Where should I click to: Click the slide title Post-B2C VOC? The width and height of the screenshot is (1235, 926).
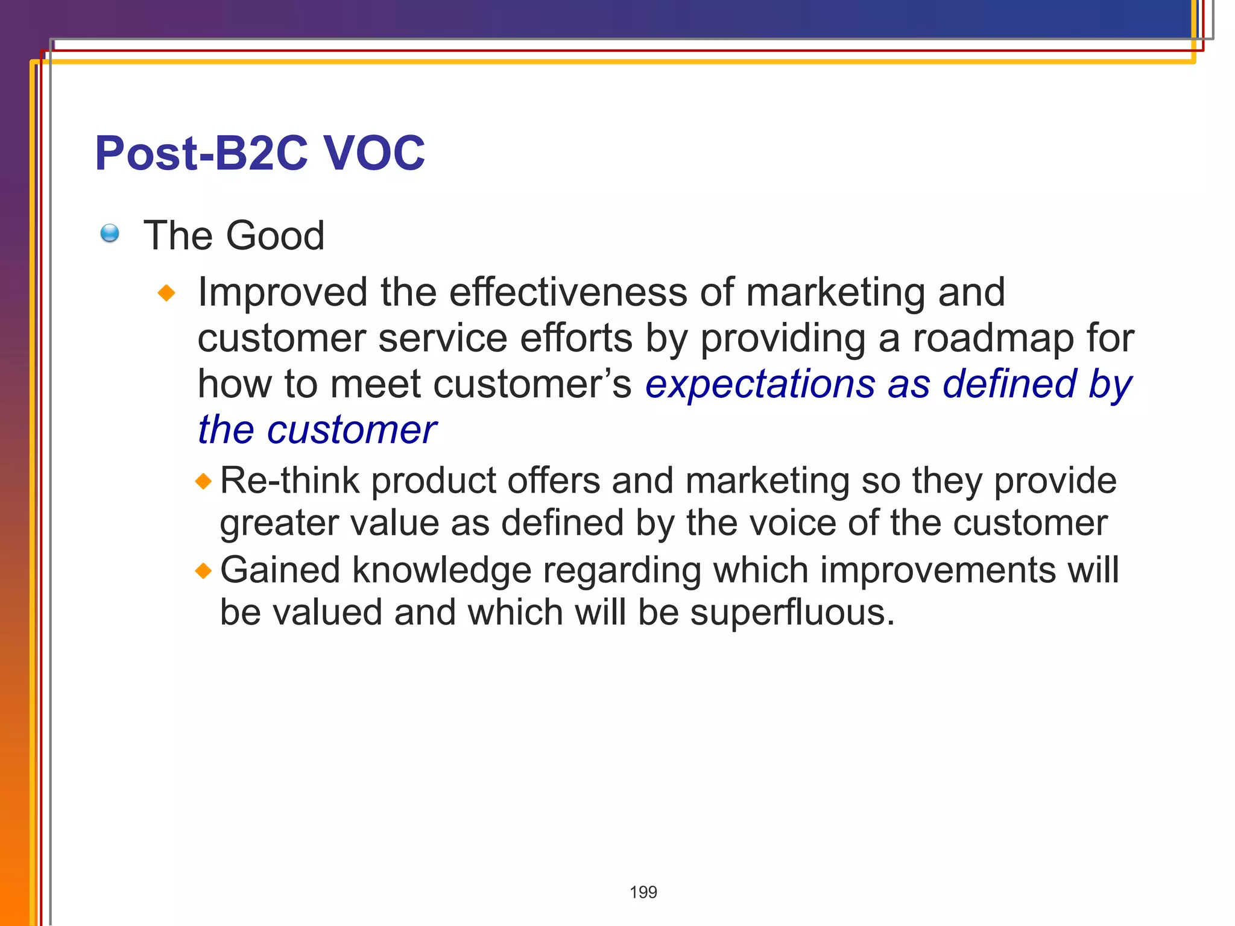tap(259, 153)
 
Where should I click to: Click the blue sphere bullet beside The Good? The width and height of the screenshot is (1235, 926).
tap(110, 233)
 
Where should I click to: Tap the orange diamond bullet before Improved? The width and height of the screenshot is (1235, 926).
tap(166, 294)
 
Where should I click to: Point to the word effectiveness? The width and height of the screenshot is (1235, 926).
tap(567, 292)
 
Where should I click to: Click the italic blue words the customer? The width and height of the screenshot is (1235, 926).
tap(317, 430)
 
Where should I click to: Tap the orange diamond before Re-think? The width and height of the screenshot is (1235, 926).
tap(204, 481)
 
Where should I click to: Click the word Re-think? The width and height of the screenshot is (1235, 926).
tap(289, 481)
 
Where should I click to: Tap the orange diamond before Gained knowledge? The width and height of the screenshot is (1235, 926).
tap(204, 570)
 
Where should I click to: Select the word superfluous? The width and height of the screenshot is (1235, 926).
tap(792, 613)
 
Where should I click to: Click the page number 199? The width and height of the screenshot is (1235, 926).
tap(643, 892)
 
